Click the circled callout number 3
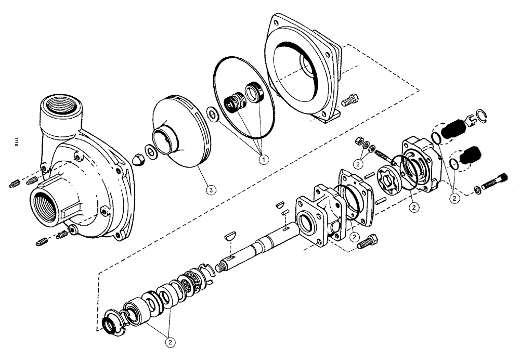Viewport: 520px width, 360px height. pos(210,190)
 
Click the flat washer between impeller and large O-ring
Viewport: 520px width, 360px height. pos(212,112)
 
